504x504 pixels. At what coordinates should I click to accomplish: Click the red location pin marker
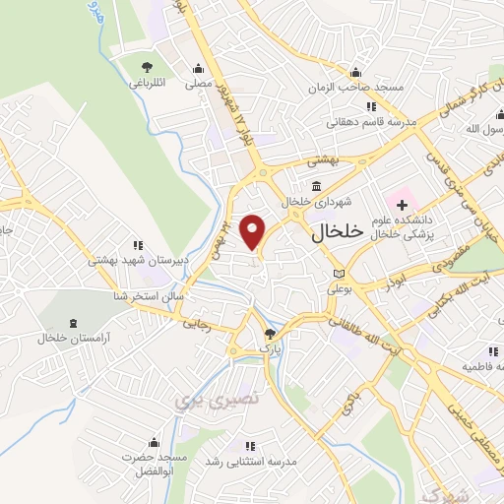(253, 232)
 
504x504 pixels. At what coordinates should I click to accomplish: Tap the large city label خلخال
(338, 232)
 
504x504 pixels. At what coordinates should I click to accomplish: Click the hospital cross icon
(403, 204)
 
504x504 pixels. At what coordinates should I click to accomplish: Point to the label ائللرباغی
(148, 84)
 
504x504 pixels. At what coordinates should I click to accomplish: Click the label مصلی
(200, 85)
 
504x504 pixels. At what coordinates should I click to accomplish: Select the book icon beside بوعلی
(340, 273)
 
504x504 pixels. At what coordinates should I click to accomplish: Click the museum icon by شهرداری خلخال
(316, 185)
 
